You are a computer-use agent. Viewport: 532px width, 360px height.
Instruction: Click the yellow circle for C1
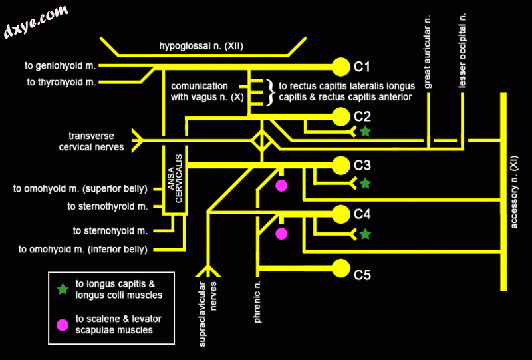coord(340,66)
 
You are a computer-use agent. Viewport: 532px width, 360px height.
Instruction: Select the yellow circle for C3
coord(340,164)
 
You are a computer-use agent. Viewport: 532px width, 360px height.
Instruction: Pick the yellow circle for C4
coord(340,214)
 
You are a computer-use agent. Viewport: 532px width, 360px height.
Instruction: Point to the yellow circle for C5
coord(340,268)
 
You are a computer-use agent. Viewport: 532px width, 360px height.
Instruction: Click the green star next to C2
coord(365,132)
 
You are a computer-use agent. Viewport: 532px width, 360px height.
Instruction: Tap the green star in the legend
coord(63,289)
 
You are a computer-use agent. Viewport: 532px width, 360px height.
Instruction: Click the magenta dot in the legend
coord(63,324)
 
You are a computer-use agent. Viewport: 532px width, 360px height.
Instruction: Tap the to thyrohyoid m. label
coord(62,82)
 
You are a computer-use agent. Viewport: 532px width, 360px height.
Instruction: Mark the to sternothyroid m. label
coord(107,206)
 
